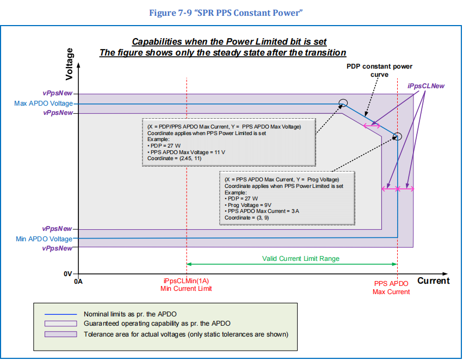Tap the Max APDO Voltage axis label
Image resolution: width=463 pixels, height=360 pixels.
point(43,103)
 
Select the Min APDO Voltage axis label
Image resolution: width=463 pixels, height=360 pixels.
point(44,239)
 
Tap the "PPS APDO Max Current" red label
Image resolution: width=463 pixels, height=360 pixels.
point(391,288)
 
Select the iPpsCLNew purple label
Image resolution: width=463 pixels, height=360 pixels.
point(426,86)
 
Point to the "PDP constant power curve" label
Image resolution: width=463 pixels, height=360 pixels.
point(379,70)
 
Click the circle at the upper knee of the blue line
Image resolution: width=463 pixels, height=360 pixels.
point(343,102)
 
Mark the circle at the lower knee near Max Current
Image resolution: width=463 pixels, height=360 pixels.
point(397,136)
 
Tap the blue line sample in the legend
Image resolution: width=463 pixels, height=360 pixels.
point(60,314)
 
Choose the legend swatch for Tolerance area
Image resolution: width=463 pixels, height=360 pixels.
point(60,334)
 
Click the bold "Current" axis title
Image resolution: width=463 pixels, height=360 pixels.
point(433,281)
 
